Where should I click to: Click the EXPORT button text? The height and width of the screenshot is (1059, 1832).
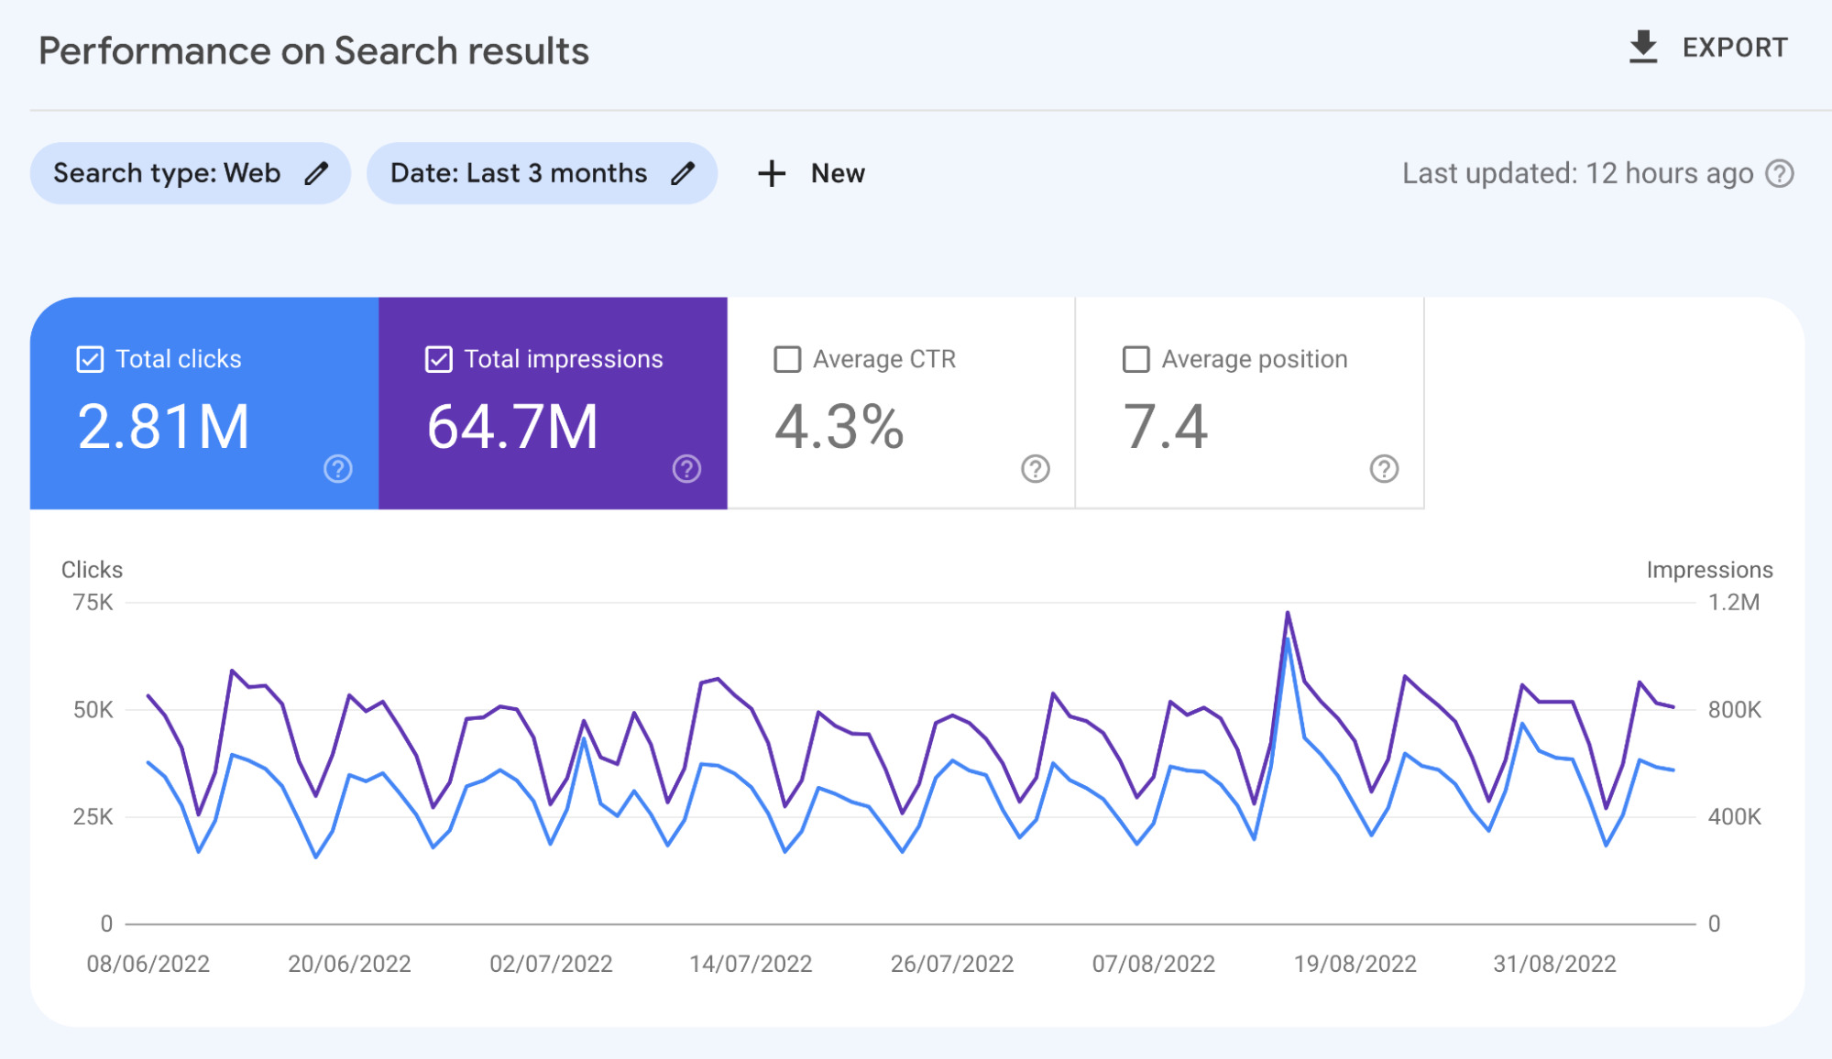click(1734, 48)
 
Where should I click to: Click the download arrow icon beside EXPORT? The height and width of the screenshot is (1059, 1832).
click(1643, 47)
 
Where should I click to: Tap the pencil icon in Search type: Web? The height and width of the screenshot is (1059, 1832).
click(316, 173)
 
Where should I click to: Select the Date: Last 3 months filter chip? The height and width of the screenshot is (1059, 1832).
click(519, 173)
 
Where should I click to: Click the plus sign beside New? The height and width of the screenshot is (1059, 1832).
click(772, 173)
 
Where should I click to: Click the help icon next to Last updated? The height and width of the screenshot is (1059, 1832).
click(1780, 173)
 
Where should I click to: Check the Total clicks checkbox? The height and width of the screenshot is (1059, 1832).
click(90, 359)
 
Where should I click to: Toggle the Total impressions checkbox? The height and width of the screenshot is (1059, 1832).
click(439, 359)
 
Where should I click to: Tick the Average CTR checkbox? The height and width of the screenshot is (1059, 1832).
click(787, 359)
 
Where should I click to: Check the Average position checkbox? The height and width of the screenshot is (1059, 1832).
click(1135, 359)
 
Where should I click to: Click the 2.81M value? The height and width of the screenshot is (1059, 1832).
click(163, 427)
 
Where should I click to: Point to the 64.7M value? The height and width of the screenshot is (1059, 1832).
click(512, 427)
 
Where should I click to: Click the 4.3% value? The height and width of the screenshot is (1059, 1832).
click(839, 427)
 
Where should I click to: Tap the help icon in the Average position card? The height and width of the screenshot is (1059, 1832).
click(1384, 469)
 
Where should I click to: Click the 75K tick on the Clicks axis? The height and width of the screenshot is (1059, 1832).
click(93, 603)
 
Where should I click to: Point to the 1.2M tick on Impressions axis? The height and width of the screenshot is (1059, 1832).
click(1733, 603)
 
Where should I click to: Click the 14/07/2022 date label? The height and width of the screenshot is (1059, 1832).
click(751, 964)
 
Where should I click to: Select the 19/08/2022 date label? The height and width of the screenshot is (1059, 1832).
click(1355, 964)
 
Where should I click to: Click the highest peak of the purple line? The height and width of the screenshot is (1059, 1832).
click(1288, 613)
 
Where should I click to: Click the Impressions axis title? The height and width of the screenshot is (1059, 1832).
click(1709, 570)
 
